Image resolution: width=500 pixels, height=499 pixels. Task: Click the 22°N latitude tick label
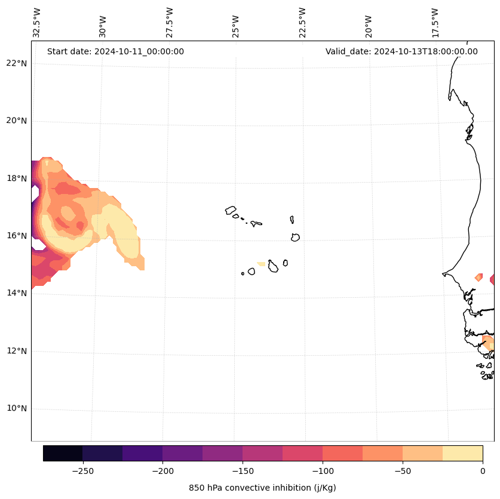click(x=17, y=63)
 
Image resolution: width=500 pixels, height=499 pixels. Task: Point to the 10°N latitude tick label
click(x=17, y=408)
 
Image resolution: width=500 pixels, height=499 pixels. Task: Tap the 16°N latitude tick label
click(x=17, y=236)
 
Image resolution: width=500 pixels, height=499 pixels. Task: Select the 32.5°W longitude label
click(x=37, y=23)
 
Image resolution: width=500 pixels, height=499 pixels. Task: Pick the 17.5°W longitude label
click(x=435, y=23)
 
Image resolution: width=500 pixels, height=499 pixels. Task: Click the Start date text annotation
click(x=115, y=51)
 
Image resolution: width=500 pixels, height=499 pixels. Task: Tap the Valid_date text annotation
click(x=401, y=51)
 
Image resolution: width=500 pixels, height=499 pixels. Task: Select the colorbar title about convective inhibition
click(x=262, y=488)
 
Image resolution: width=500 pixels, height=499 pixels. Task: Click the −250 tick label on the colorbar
click(x=82, y=471)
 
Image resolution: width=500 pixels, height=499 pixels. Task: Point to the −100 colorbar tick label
click(x=323, y=471)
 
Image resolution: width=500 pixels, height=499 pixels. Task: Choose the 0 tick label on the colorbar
click(x=483, y=471)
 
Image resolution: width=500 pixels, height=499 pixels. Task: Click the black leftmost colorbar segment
click(x=63, y=453)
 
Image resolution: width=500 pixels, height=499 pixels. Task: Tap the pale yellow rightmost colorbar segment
click(x=462, y=453)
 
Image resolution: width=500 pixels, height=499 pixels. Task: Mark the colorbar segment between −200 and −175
click(x=182, y=453)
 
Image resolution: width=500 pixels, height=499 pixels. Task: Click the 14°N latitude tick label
click(x=17, y=293)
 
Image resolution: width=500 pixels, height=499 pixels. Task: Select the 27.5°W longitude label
click(x=170, y=23)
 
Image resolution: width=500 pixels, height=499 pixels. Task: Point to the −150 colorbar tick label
click(x=243, y=471)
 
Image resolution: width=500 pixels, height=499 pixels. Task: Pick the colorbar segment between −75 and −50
click(x=382, y=453)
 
